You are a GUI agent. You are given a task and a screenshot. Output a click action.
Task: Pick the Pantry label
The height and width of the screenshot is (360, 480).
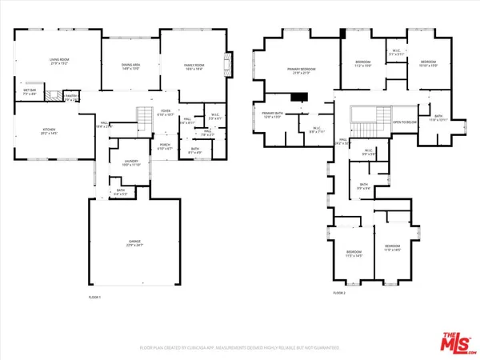pyautogui.click(x=70, y=96)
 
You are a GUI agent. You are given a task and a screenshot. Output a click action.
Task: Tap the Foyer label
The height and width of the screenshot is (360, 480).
pyautogui.click(x=165, y=114)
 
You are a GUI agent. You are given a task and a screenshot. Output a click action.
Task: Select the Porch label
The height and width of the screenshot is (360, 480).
pyautogui.click(x=165, y=147)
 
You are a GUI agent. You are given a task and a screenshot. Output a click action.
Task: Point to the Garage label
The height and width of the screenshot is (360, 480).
pyautogui.click(x=134, y=245)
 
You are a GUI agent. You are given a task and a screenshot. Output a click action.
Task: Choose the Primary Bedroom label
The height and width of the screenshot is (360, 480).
pyautogui.click(x=302, y=71)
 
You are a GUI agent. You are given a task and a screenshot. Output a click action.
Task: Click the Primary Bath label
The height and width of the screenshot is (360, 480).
pyautogui.click(x=271, y=115)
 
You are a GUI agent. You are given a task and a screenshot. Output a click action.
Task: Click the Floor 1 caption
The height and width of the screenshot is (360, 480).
pyautogui.click(x=95, y=297)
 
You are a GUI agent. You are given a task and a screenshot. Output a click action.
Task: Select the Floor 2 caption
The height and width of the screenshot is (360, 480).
pyautogui.click(x=339, y=293)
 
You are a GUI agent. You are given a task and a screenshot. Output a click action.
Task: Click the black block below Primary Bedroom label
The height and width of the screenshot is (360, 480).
pyautogui.click(x=299, y=98)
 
